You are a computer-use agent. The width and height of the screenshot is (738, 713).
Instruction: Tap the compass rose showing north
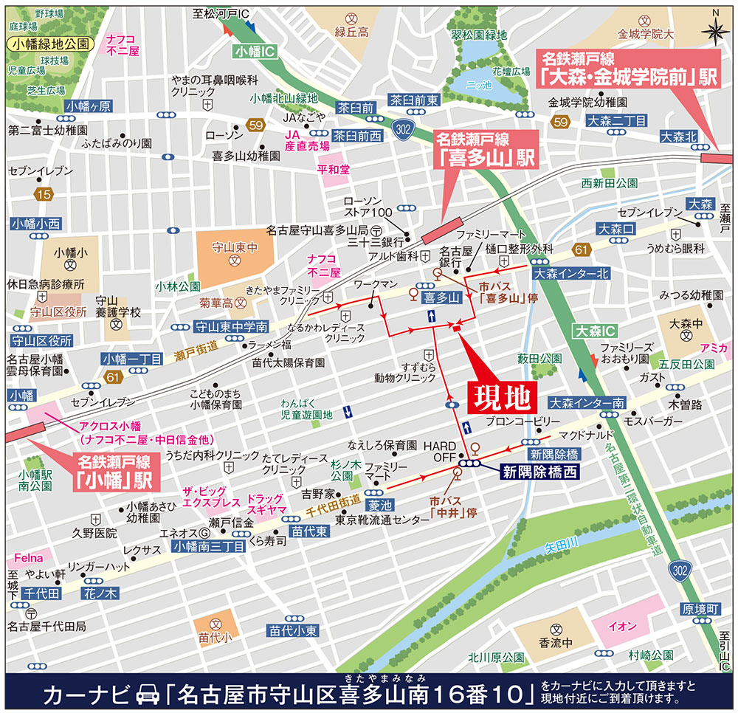click(x=714, y=30)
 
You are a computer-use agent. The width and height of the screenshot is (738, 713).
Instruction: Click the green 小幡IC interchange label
click(x=254, y=52)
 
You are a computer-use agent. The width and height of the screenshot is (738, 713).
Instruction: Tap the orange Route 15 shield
click(x=43, y=194)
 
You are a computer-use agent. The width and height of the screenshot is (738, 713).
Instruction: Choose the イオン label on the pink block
click(x=621, y=626)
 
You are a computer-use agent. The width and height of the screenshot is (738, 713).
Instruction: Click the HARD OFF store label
click(x=441, y=452)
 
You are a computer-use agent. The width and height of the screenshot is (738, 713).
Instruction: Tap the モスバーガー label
click(x=652, y=421)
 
